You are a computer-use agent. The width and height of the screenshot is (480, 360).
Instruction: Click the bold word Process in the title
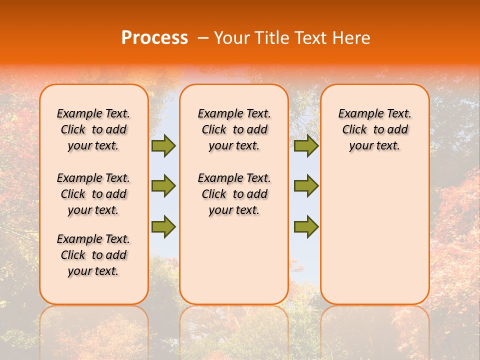[x=154, y=38]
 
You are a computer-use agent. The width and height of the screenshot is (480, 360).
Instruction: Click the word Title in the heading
[x=273, y=38]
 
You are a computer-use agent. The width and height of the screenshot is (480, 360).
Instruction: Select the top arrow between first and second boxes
[x=163, y=146]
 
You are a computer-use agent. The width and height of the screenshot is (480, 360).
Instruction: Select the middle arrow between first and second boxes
[x=163, y=186]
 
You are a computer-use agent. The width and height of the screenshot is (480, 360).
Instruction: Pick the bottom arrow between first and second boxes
[x=163, y=226]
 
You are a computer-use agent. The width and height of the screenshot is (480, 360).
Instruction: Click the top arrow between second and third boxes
[x=306, y=146]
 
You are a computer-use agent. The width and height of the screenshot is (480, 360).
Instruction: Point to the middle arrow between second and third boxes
[x=306, y=186]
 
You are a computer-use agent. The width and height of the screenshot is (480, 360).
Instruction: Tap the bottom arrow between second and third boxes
[x=306, y=226]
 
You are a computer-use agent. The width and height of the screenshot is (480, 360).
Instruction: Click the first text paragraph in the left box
[x=93, y=129]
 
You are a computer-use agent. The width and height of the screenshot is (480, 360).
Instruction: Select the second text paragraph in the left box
[x=93, y=194]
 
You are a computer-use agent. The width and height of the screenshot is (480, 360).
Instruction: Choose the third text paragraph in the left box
[x=93, y=255]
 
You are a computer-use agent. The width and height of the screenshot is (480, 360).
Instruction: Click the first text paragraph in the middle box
[x=234, y=129]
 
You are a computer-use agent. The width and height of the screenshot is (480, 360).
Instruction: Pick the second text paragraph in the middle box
[x=234, y=194]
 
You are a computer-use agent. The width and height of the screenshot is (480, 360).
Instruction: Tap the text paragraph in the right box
[x=374, y=129]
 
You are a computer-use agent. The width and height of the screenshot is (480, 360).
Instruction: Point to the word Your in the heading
[x=233, y=38]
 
